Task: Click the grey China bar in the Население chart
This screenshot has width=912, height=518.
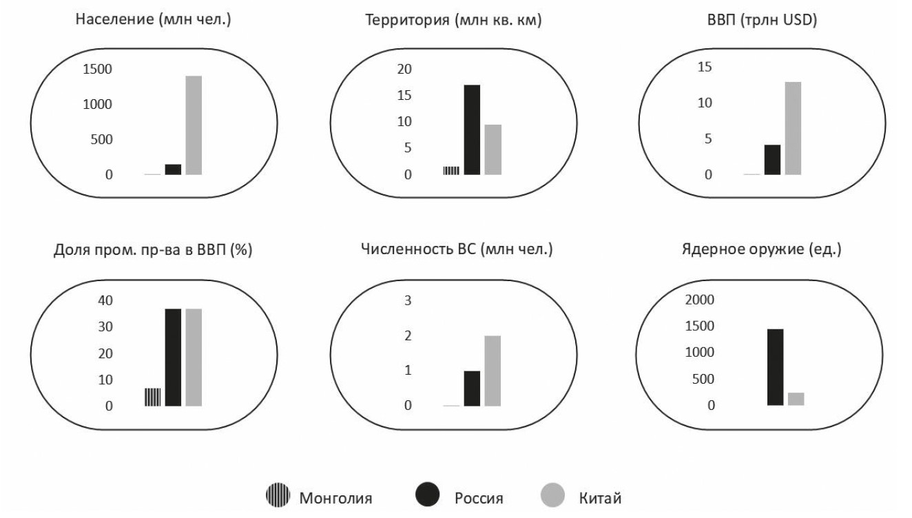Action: click(x=194, y=125)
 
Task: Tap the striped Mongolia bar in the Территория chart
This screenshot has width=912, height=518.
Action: click(x=451, y=170)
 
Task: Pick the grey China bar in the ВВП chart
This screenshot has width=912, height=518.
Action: click(x=793, y=128)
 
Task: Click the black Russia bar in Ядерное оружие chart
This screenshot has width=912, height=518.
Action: click(x=775, y=366)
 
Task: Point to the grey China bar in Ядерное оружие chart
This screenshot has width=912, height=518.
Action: click(x=796, y=399)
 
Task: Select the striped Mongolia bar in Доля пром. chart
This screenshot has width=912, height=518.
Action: click(x=152, y=397)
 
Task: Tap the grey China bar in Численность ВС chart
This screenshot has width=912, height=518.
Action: click(x=493, y=371)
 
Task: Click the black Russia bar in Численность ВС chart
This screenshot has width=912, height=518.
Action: click(x=472, y=388)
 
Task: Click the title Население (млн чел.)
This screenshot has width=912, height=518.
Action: click(x=152, y=20)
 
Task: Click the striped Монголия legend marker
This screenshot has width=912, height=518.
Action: click(x=278, y=497)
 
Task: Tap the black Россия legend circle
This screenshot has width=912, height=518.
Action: click(x=427, y=497)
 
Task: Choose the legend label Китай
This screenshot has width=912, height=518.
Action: click(x=600, y=498)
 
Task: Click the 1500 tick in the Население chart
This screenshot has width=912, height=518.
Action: click(x=99, y=69)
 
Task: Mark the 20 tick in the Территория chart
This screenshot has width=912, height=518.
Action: click(x=404, y=69)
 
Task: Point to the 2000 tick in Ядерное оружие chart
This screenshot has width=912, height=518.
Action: click(x=701, y=300)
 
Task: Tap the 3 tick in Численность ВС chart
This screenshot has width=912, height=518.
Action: click(x=407, y=300)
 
